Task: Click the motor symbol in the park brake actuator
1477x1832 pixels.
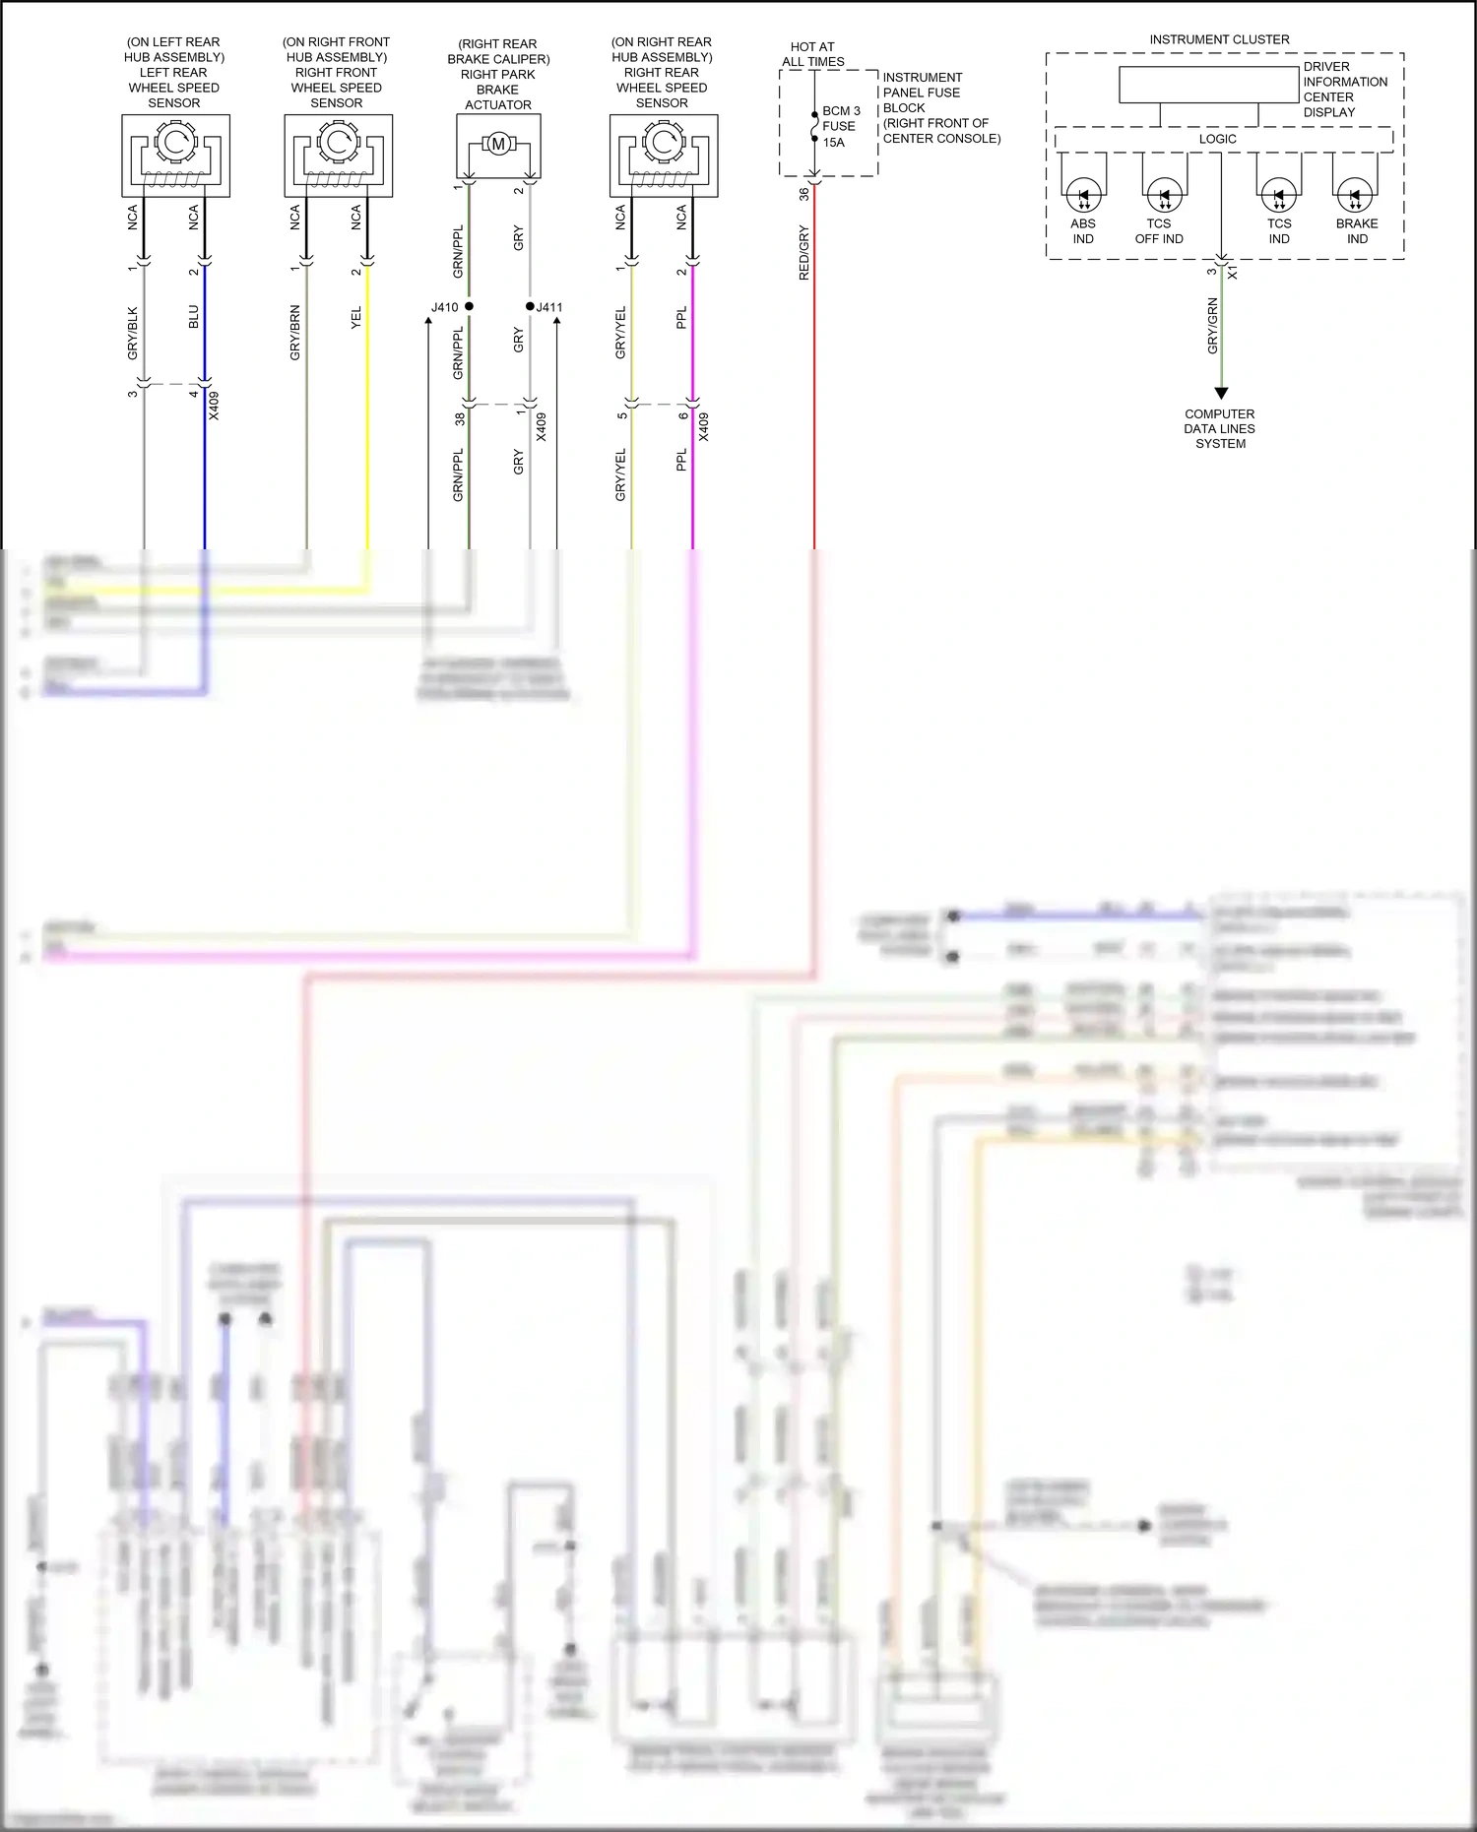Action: tap(498, 145)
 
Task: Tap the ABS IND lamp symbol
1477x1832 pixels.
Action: tap(1083, 196)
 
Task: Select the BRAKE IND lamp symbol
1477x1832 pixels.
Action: tap(1355, 196)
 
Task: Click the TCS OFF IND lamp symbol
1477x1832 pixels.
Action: tap(1164, 196)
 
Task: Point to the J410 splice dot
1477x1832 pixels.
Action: tap(469, 306)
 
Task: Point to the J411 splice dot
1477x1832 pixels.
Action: tap(530, 306)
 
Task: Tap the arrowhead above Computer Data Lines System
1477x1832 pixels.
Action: tap(1221, 393)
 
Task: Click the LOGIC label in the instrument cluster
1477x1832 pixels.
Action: tap(1217, 139)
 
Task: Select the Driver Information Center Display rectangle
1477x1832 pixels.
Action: tap(1208, 85)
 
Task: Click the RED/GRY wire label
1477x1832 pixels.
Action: tap(803, 253)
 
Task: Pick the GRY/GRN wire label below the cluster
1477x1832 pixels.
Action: tap(1212, 326)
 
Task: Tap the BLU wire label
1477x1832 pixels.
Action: tap(194, 317)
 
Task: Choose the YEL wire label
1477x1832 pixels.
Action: tap(356, 317)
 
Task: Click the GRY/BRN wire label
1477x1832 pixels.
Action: tap(294, 332)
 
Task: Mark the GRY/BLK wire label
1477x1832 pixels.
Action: tap(133, 333)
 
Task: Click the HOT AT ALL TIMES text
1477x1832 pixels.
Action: tap(812, 54)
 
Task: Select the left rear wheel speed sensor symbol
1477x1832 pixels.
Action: tap(175, 155)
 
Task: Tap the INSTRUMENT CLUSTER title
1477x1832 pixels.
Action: tap(1219, 39)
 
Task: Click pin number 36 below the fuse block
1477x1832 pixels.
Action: tap(803, 194)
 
